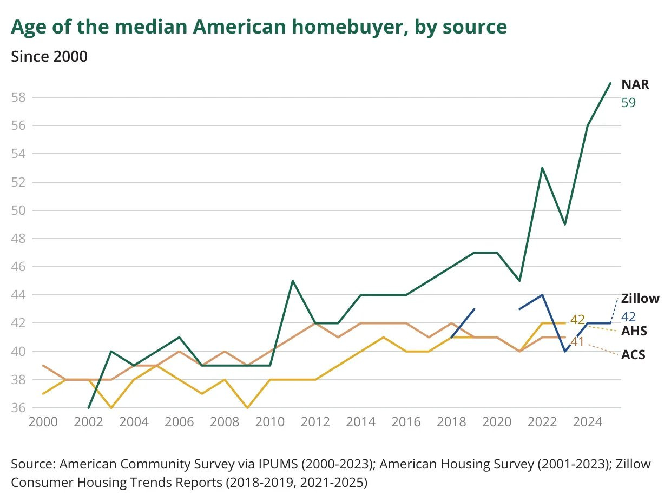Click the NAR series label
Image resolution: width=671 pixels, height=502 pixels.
(635, 84)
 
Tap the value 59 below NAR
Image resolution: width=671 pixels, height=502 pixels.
(628, 102)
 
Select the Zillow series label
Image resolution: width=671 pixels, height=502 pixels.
(640, 299)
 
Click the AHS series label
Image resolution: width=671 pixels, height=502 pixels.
(634, 331)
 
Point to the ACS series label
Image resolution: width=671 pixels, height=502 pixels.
(634, 355)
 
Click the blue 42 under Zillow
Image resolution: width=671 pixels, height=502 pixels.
(628, 316)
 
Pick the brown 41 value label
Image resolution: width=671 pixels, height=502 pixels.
(577, 342)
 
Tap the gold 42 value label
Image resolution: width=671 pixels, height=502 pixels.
(577, 319)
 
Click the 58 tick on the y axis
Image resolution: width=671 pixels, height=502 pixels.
(19, 97)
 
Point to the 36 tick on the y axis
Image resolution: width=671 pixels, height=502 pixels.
(19, 408)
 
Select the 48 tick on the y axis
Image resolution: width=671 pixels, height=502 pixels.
(19, 239)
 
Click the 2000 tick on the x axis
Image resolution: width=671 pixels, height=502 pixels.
(43, 422)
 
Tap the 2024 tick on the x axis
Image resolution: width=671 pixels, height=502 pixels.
(588, 422)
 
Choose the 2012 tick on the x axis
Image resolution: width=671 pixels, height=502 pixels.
(315, 422)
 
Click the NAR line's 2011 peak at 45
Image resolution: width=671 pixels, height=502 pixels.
(293, 281)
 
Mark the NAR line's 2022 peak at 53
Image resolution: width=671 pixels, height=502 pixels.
(542, 168)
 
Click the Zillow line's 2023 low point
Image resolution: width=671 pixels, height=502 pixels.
(565, 351)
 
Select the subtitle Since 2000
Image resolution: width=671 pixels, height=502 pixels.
(49, 56)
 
